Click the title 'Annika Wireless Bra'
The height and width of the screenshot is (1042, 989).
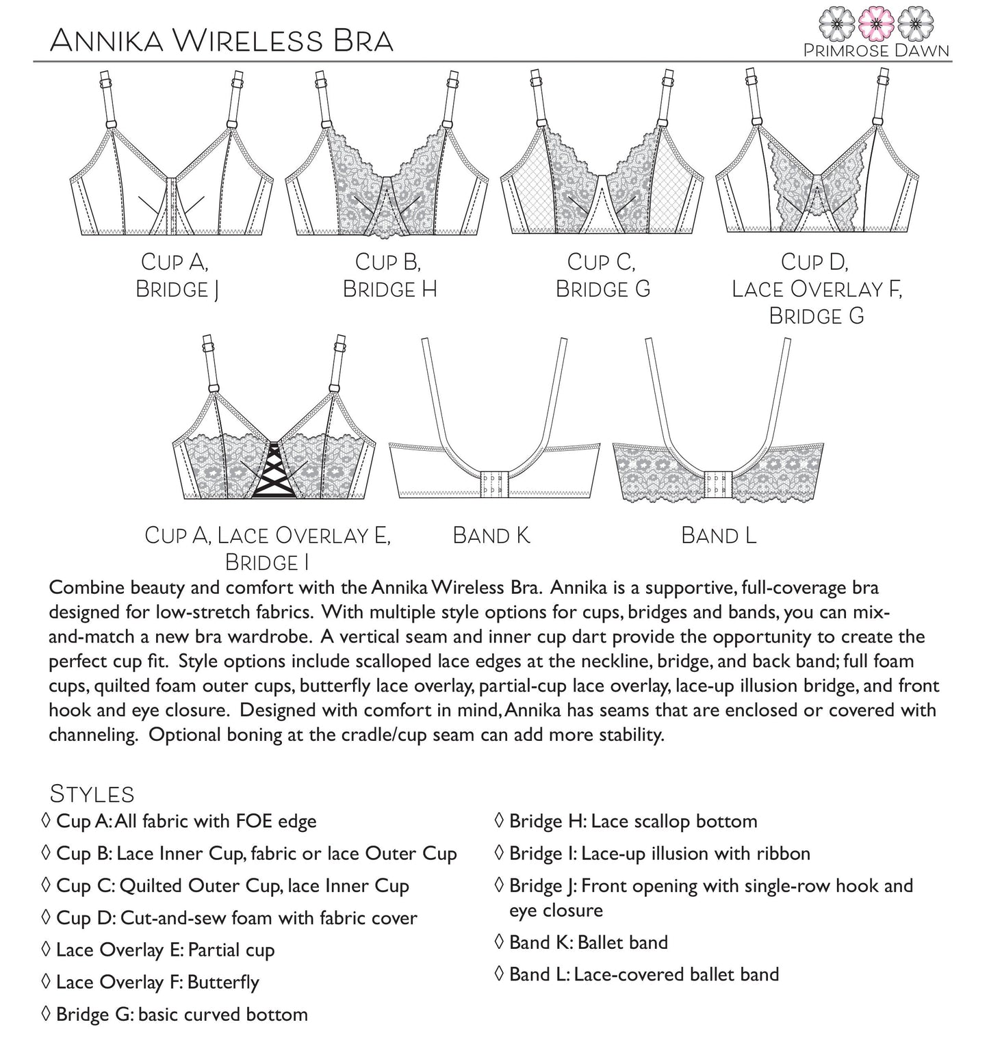point(221,41)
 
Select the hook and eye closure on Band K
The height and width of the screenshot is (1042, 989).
point(491,482)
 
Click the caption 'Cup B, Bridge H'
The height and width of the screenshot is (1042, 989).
point(389,276)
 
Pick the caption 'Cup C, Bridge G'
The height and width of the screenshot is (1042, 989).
point(602,276)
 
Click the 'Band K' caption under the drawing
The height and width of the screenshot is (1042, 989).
point(491,535)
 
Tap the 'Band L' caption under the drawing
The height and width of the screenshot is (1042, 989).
point(719,535)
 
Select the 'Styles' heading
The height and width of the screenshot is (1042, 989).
point(92,794)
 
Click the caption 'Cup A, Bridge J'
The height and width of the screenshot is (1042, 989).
point(177,276)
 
